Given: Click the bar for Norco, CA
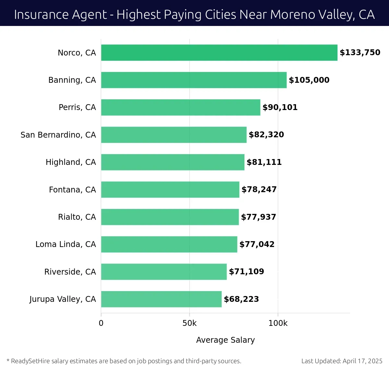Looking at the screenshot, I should [x=219, y=53].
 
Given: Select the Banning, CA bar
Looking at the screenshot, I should [x=194, y=80].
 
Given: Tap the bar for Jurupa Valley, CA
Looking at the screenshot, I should [x=161, y=299].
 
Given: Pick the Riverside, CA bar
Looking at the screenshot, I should [x=164, y=272].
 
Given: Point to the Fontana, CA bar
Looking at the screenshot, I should [x=170, y=190].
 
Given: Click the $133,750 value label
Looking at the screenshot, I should [x=360, y=53].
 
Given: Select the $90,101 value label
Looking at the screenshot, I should [x=280, y=107].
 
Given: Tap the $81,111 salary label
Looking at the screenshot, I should [x=264, y=162].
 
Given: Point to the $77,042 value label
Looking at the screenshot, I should [x=257, y=244].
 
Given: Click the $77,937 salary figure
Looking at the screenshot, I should [x=258, y=217].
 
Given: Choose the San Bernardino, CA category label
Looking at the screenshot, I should [x=58, y=135].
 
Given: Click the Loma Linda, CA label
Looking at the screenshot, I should [x=65, y=244].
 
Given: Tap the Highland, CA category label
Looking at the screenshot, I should [x=71, y=162].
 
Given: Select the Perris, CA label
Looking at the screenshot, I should [x=77, y=107].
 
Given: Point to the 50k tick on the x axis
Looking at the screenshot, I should [x=189, y=323].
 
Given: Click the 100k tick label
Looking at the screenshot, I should [x=278, y=323].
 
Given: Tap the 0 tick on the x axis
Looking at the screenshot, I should [x=101, y=323].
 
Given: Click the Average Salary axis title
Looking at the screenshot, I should [x=225, y=340].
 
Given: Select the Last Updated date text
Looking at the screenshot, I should [x=342, y=361].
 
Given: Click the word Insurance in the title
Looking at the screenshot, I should [x=37, y=15].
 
